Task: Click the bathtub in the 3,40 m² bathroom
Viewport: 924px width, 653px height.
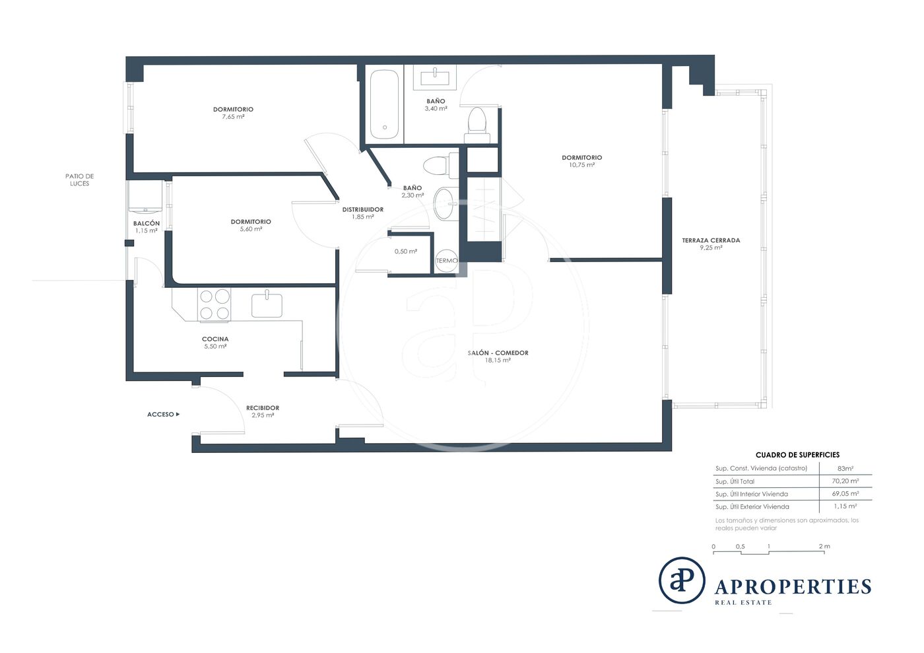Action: (x=384, y=104)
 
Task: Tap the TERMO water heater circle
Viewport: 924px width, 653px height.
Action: (x=447, y=260)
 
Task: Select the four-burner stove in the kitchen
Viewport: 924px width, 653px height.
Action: (x=214, y=304)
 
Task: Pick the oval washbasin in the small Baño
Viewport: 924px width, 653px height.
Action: (x=446, y=204)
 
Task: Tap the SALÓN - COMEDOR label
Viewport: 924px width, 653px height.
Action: (x=498, y=353)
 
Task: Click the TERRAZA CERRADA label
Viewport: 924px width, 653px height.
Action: (x=711, y=240)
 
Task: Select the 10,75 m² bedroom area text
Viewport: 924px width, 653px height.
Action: (x=581, y=165)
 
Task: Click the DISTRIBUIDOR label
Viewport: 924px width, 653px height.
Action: (x=363, y=209)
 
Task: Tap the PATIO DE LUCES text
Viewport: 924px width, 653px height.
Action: (x=80, y=180)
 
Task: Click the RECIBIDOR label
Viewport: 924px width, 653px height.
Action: (x=263, y=408)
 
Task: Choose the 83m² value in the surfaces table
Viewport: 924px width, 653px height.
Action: (x=845, y=469)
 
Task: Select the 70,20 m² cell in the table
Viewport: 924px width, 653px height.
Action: (x=845, y=481)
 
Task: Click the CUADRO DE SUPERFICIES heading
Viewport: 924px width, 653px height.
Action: (x=797, y=455)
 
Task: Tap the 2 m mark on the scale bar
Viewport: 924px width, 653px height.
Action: (x=824, y=546)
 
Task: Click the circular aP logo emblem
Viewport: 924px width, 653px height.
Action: (x=681, y=580)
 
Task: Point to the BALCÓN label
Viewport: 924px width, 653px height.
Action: (x=147, y=223)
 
